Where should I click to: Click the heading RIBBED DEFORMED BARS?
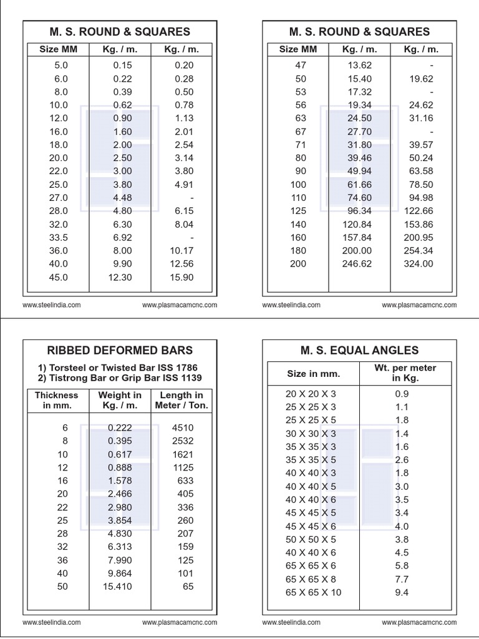pyautogui.click(x=120, y=350)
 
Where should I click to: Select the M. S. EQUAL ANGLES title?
pyautogui.click(x=359, y=350)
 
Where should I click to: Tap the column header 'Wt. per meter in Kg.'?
pyautogui.click(x=405, y=373)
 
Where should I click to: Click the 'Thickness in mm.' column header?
pyautogui.click(x=57, y=400)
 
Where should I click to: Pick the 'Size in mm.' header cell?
pyautogui.click(x=313, y=373)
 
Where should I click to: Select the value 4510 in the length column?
pyautogui.click(x=183, y=427)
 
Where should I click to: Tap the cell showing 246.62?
pyautogui.click(x=357, y=263)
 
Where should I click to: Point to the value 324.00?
pyautogui.click(x=419, y=263)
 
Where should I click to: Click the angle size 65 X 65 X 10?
pyautogui.click(x=313, y=592)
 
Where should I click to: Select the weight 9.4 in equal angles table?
pyautogui.click(x=402, y=592)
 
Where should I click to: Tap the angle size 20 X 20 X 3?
pyautogui.click(x=311, y=394)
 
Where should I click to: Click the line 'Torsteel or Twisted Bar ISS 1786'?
pyautogui.click(x=120, y=368)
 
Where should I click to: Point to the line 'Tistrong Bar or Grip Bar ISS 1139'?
pyautogui.click(x=120, y=378)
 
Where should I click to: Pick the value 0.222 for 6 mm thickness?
pyautogui.click(x=120, y=427)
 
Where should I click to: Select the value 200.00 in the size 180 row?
pyautogui.click(x=357, y=250)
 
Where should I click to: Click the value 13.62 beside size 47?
pyautogui.click(x=360, y=65)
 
